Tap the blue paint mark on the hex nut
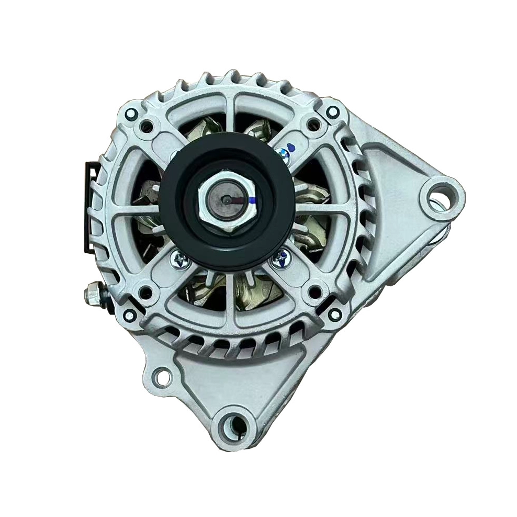coord(253,199)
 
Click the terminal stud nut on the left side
coord(93,295)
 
